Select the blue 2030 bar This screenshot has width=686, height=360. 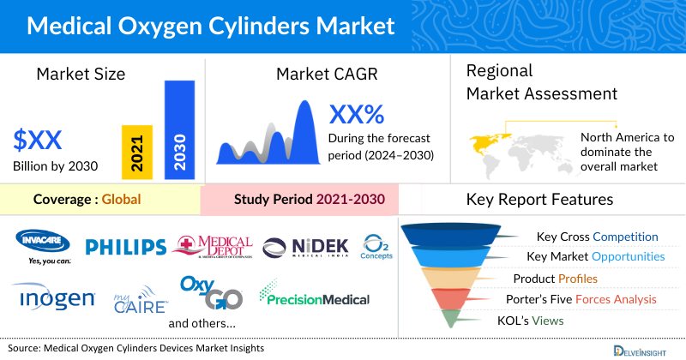click(179, 129)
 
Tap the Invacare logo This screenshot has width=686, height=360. click(42, 245)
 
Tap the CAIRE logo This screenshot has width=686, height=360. click(141, 301)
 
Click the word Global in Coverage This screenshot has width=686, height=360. click(121, 201)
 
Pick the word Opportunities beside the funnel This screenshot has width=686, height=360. click(627, 256)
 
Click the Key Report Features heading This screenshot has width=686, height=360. click(539, 200)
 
